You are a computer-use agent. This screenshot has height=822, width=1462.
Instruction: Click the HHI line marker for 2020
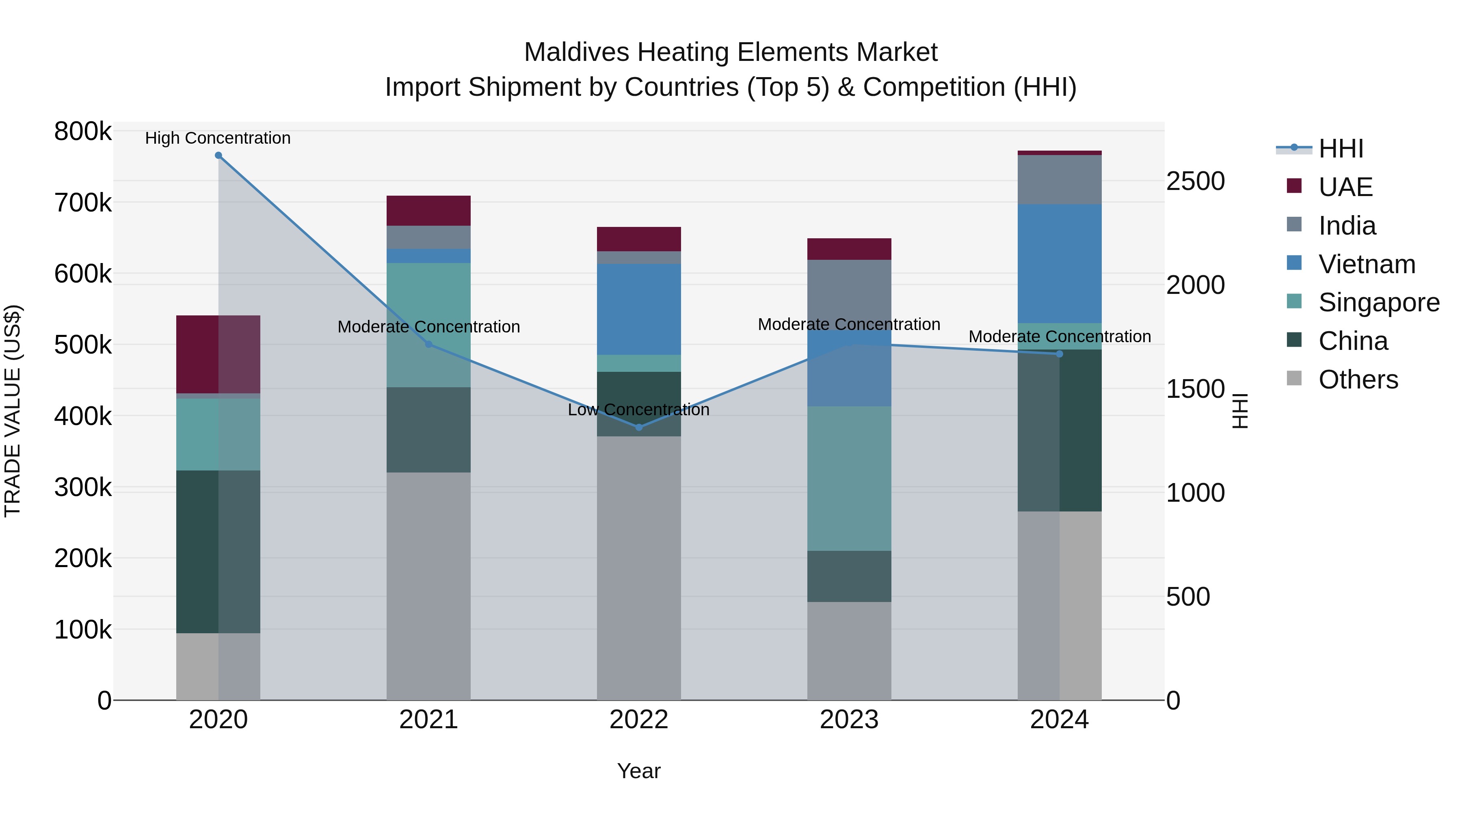click(x=218, y=155)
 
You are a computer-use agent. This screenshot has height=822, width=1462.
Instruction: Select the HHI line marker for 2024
click(x=1059, y=354)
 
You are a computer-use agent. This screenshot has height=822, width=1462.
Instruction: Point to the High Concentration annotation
click(x=218, y=138)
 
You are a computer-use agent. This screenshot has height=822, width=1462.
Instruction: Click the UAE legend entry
click(x=1345, y=187)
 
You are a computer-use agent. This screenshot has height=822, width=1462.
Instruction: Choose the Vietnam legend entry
click(x=1366, y=264)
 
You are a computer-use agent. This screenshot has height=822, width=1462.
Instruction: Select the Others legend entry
click(x=1358, y=380)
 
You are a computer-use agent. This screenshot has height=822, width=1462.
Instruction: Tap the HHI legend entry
click(x=1340, y=149)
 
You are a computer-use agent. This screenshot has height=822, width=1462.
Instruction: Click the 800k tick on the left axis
click(x=83, y=132)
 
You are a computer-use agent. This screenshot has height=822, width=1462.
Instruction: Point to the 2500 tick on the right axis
click(x=1195, y=181)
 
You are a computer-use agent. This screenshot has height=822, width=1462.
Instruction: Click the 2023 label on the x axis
click(x=849, y=720)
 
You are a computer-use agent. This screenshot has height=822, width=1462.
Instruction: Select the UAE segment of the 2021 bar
click(x=428, y=211)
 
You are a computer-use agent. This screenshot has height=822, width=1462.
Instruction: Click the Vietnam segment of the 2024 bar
click(x=1059, y=264)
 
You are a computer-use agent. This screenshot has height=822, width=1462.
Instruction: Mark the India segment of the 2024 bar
click(x=1059, y=179)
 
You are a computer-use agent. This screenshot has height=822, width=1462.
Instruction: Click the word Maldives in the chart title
click(x=576, y=52)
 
